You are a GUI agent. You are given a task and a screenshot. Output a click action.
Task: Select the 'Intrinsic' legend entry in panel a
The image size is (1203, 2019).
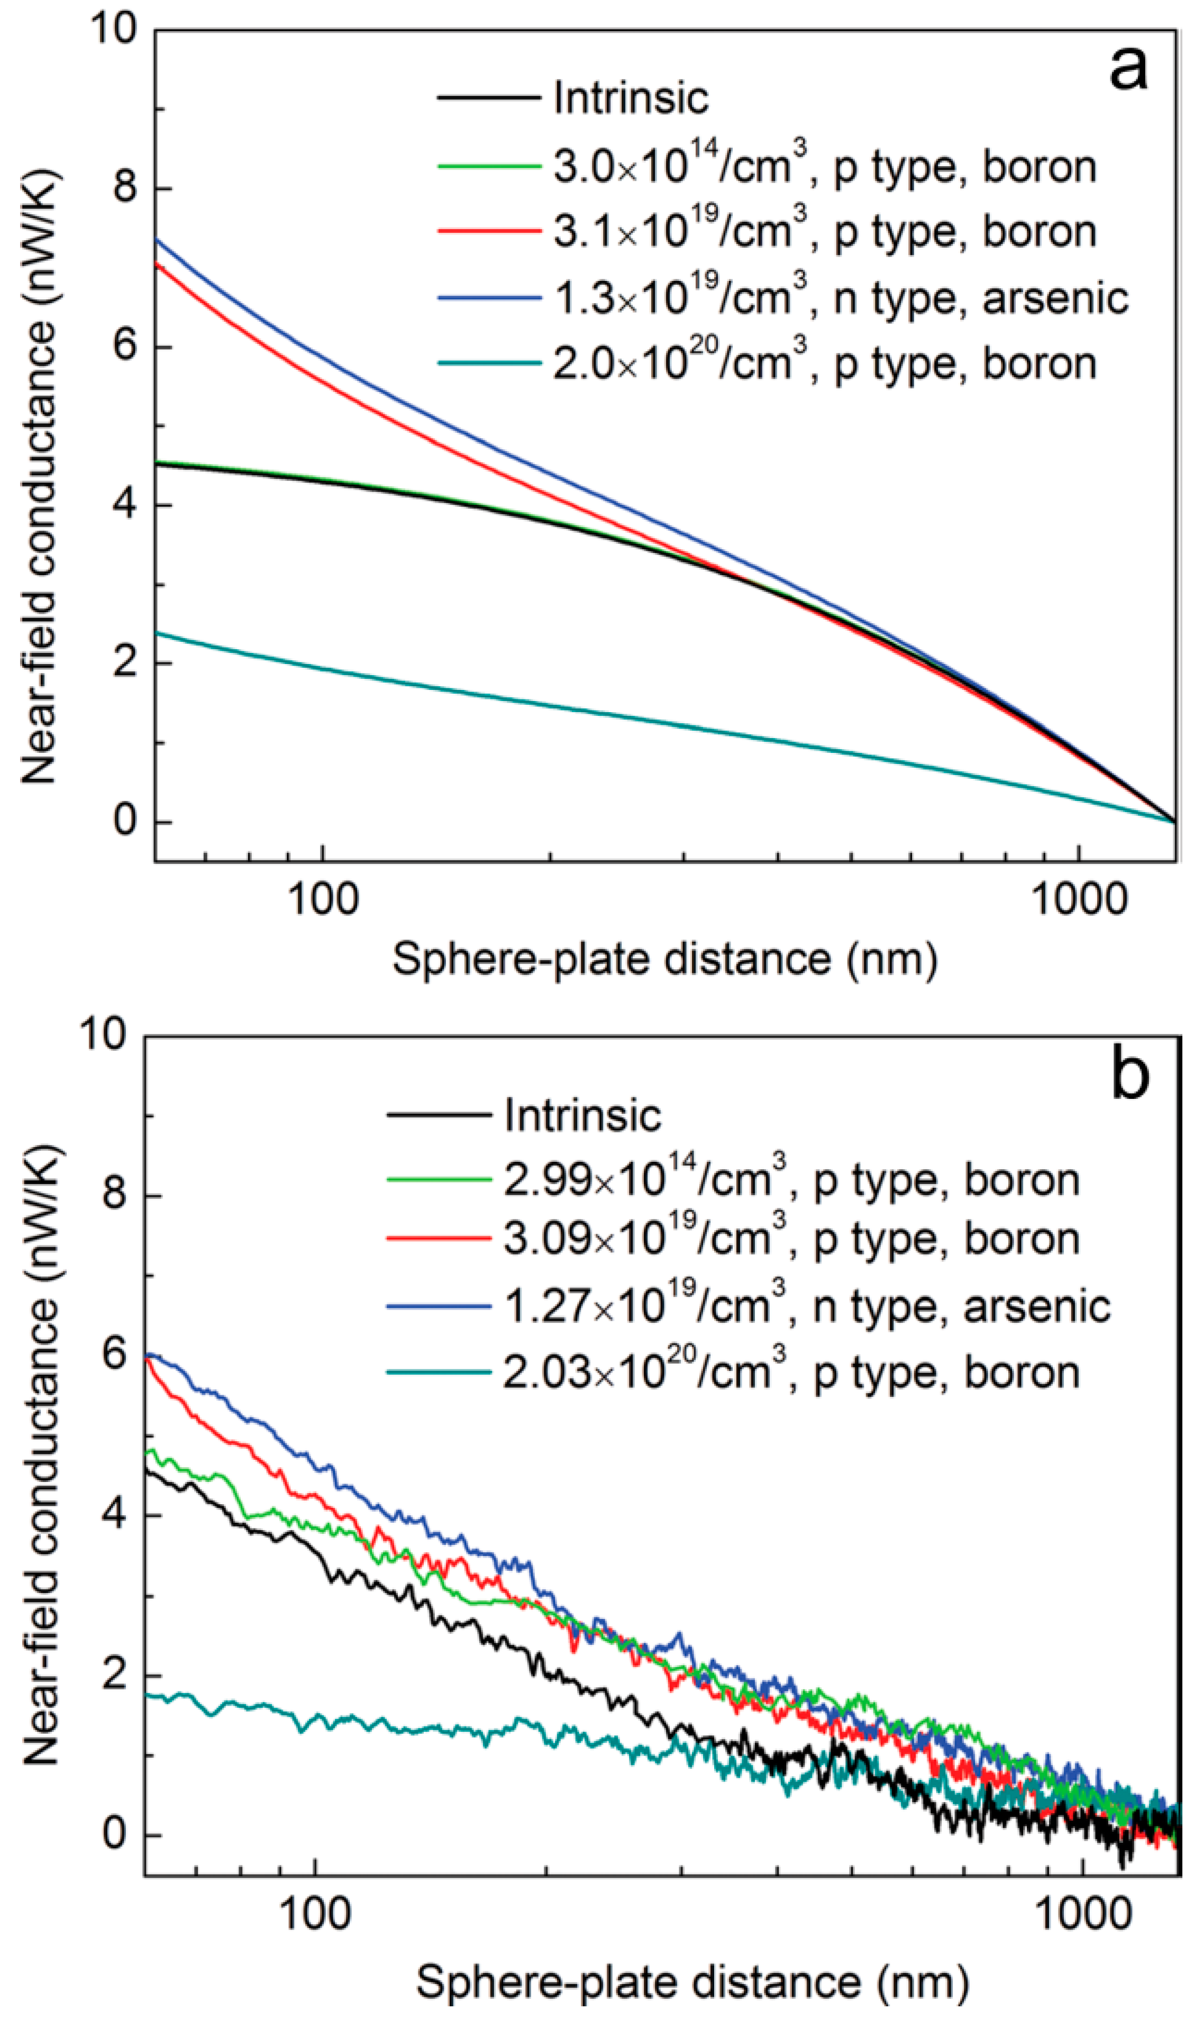[x=630, y=98]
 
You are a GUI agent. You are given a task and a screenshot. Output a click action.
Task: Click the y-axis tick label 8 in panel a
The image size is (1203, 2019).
[x=124, y=188]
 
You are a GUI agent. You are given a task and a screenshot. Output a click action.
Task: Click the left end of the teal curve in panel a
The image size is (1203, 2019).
[x=157, y=632]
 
